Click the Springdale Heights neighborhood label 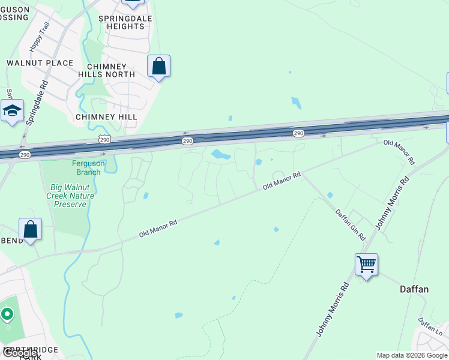[126, 22]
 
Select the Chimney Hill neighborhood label [106, 116]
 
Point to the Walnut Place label [40, 63]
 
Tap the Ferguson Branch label [88, 167]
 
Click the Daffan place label [414, 289]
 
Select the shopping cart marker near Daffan [366, 263]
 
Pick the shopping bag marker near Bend [31, 229]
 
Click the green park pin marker [7, 314]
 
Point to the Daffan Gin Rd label [350, 224]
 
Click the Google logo [19, 353]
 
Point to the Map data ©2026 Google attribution [412, 355]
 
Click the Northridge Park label [30, 352]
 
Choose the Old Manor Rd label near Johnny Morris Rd [399, 151]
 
